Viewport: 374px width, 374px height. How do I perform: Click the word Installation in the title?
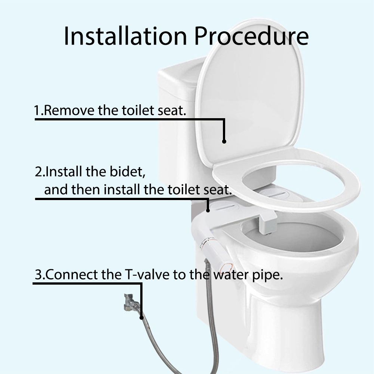[x=125, y=36]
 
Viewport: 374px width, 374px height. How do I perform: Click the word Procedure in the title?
[x=251, y=36]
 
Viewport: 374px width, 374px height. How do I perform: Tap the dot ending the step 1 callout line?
[x=224, y=141]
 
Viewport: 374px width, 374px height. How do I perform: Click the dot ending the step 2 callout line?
[x=208, y=210]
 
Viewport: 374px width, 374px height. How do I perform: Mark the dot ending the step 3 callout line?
[x=141, y=318]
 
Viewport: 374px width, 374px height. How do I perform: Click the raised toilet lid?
[x=249, y=93]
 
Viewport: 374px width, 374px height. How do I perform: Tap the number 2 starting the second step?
[x=39, y=172]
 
